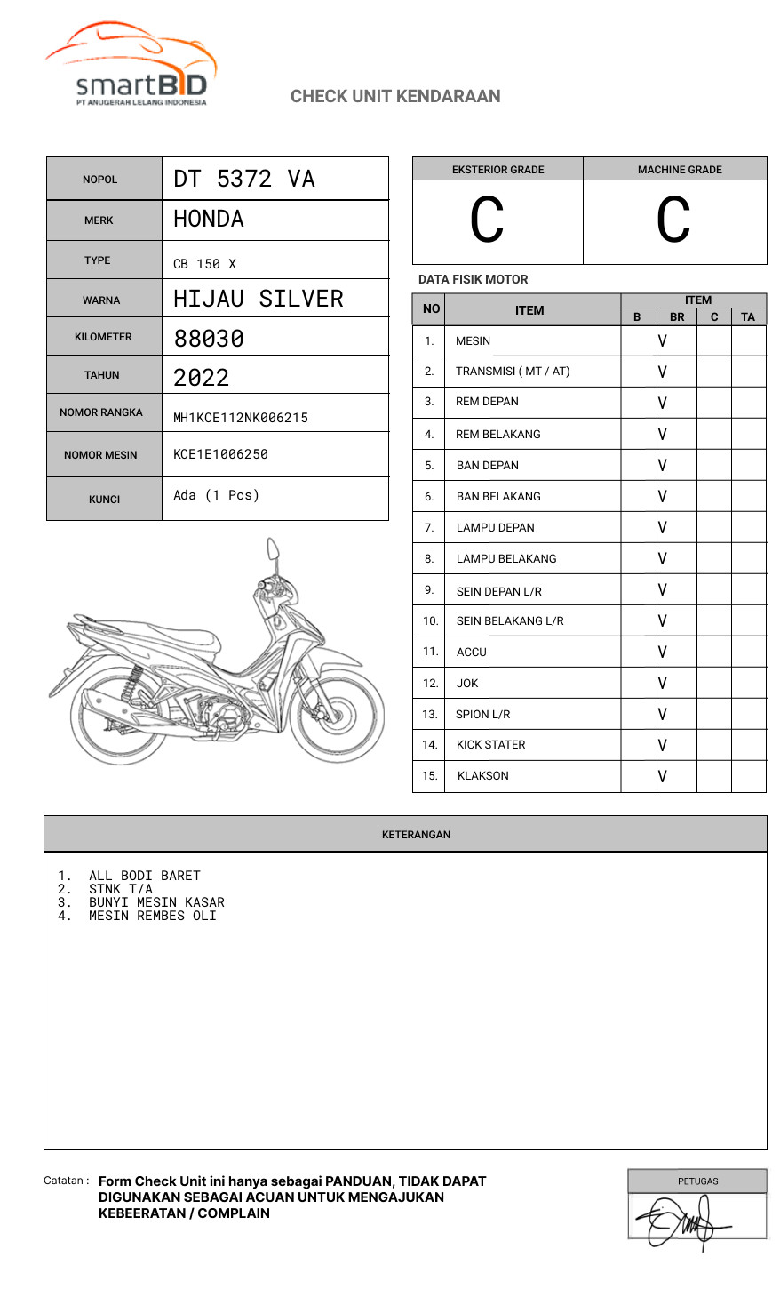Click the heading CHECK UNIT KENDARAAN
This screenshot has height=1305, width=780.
coord(395,96)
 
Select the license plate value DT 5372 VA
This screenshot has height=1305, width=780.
coord(244,179)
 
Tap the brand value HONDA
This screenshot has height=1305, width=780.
coord(209,219)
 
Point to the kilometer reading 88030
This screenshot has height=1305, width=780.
coord(209,338)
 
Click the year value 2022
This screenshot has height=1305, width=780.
coord(202,377)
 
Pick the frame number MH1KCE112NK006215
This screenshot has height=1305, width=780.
coord(241,418)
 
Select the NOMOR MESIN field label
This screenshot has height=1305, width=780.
coord(100,455)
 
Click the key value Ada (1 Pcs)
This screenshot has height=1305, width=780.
coord(216,495)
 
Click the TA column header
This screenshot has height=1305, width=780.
coord(748,316)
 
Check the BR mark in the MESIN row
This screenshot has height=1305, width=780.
coord(663,340)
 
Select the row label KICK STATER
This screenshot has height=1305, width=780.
coord(490,745)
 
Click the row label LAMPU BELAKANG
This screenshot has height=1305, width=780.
coord(506,558)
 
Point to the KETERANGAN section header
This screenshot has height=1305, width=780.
coord(416,835)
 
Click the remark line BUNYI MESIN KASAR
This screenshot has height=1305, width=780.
coord(156,902)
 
